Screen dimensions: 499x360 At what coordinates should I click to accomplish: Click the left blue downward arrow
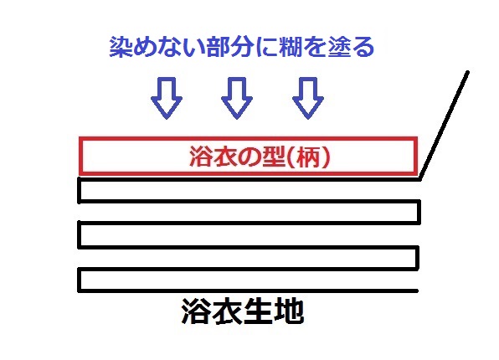pos(167,98)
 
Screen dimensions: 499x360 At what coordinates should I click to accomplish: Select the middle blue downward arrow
pos(237,98)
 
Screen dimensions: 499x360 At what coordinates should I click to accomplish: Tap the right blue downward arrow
pos(308,98)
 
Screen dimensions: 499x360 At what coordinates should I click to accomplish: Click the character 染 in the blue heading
pos(121,47)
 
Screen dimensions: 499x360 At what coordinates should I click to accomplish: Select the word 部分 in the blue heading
pos(230,47)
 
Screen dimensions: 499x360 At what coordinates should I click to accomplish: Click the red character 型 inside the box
pos(273,157)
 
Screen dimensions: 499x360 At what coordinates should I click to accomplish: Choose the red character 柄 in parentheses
pos(308,157)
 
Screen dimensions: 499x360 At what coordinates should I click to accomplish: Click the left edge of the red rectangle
pos(81,156)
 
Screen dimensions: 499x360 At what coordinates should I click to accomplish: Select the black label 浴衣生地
pos(243,311)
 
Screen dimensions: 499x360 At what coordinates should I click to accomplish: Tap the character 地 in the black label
pos(290,311)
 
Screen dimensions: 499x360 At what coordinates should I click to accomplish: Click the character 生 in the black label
pos(259,311)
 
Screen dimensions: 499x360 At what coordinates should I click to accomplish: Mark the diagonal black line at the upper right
pos(445,126)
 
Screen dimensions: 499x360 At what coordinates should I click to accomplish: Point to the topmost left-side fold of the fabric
pos(80,190)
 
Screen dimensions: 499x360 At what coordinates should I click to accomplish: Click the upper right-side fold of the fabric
pos(419,212)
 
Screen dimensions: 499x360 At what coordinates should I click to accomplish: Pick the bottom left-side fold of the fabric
pos(80,280)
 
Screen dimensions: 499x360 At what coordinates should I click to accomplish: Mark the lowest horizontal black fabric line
pos(248,291)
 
